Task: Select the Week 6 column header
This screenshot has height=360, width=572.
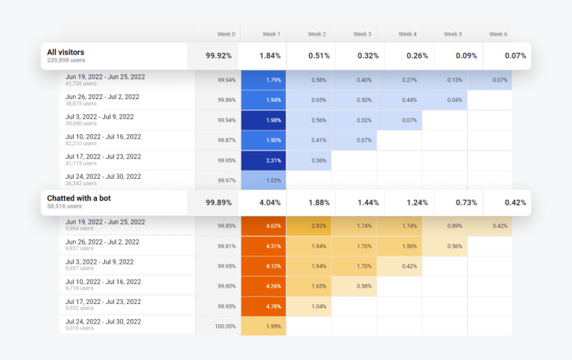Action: coord(498,34)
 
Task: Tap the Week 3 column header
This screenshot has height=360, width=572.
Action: coord(362,34)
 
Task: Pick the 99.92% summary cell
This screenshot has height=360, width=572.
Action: coord(219,55)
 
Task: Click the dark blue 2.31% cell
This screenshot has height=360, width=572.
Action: coord(264,160)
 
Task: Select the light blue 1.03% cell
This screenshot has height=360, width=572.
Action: coord(264,180)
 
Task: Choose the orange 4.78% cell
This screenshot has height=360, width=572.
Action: coord(264,306)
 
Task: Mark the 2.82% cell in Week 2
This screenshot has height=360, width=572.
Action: coord(309,226)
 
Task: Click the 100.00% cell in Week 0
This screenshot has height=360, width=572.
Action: coord(219,326)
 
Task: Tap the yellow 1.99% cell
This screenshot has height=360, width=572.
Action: coord(264,326)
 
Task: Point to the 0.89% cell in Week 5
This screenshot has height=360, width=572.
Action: coord(445,226)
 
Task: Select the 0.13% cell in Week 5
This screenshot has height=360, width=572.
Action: coord(445,80)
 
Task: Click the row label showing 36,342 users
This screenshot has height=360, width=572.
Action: coord(103,180)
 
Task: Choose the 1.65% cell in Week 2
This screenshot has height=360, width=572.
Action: coord(309,285)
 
